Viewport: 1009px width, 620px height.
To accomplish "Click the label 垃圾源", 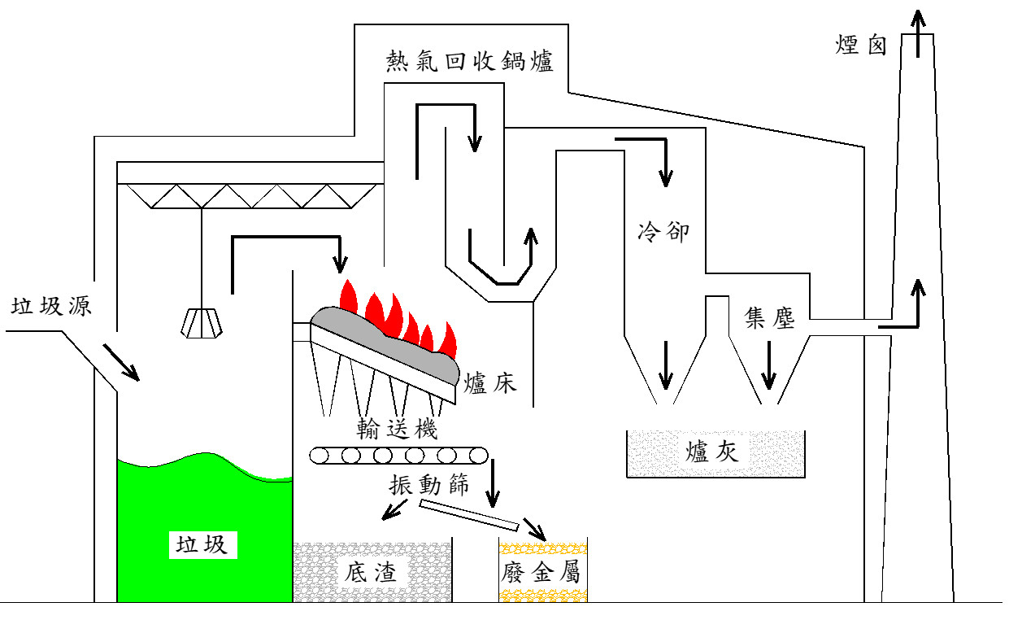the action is [51, 306].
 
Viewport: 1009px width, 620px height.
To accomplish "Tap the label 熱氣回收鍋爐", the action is [469, 61].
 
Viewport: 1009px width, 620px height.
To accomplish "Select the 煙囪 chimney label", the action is [861, 45].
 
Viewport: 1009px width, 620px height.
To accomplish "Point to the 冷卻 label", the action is [663, 232].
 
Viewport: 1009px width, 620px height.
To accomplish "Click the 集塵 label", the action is [769, 318].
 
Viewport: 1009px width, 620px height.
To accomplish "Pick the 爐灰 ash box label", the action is [711, 452].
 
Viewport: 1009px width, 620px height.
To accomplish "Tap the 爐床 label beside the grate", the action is [490, 383].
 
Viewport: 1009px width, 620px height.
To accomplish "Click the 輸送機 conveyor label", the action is [397, 429].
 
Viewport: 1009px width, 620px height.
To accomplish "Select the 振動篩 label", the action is [429, 485].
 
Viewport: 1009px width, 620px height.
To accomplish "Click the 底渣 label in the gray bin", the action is [370, 572].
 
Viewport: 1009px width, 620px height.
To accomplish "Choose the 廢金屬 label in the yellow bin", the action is [541, 572].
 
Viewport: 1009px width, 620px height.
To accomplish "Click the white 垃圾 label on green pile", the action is [202, 544].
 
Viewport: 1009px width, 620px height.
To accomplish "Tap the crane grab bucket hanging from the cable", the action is [202, 323].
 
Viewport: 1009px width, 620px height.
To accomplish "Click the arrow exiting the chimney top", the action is [918, 34].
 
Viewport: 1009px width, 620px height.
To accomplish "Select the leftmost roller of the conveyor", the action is [319, 456].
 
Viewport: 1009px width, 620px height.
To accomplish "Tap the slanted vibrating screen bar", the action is [469, 515].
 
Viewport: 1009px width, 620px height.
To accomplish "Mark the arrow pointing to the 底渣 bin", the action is [394, 510].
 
